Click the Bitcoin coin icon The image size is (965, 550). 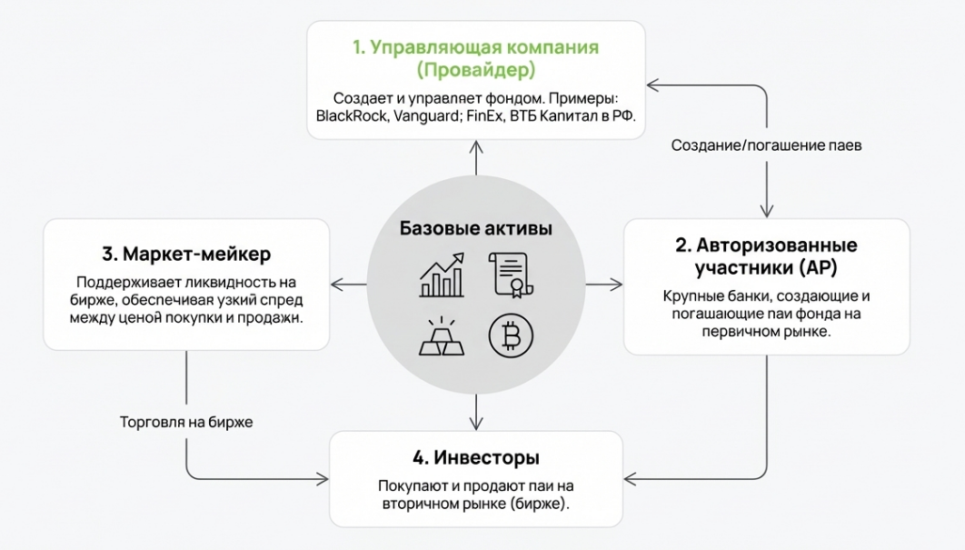pyautogui.click(x=511, y=335)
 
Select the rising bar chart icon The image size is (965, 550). pyautogui.click(x=443, y=274)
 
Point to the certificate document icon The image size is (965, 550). pyautogui.click(x=510, y=274)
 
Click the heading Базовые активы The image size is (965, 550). pyautogui.click(x=475, y=228)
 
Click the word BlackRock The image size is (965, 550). pyautogui.click(x=352, y=116)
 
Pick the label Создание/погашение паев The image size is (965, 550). pyautogui.click(x=766, y=145)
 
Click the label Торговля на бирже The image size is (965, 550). pyautogui.click(x=186, y=423)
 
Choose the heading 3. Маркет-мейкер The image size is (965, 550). pyautogui.click(x=186, y=252)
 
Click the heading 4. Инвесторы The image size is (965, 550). pyautogui.click(x=475, y=456)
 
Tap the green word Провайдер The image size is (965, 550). pyautogui.click(x=476, y=69)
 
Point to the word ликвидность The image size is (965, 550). pyautogui.click(x=247, y=282)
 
